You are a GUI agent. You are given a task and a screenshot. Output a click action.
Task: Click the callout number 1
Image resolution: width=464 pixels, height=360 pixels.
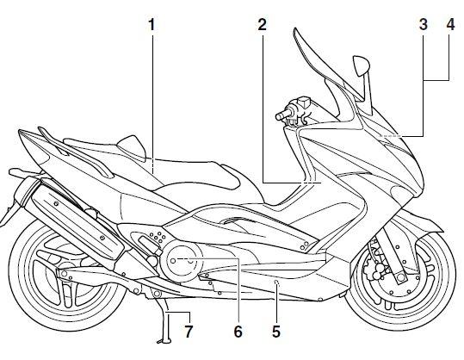point(152,25)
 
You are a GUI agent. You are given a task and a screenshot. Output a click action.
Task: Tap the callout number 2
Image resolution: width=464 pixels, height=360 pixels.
point(263,25)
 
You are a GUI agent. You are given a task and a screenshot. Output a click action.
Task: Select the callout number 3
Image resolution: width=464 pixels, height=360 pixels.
point(424,25)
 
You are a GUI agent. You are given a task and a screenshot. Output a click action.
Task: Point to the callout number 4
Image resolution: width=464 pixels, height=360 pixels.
point(450,25)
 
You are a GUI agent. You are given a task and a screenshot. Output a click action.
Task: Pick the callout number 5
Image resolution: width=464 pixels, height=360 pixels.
point(276,332)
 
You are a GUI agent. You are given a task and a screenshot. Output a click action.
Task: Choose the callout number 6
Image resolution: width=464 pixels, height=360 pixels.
point(238,332)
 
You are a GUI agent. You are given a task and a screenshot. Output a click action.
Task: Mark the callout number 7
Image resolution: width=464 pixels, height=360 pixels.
point(189,332)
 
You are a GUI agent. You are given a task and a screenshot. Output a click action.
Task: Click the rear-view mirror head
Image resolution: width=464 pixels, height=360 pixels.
point(362,65)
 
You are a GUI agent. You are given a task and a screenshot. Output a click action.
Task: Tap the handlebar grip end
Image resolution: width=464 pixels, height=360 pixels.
point(279,116)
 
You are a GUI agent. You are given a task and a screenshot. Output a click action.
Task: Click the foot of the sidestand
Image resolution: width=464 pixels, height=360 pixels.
point(164,343)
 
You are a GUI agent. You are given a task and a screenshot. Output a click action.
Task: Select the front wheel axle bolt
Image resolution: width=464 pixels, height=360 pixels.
point(401,277)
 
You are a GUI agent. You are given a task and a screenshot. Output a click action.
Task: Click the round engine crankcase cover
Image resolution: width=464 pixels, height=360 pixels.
point(182,260)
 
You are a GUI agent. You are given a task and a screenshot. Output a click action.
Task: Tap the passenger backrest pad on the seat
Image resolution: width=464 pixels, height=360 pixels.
point(132,148)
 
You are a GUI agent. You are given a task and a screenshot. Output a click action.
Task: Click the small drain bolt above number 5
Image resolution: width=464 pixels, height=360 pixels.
point(276,282)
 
